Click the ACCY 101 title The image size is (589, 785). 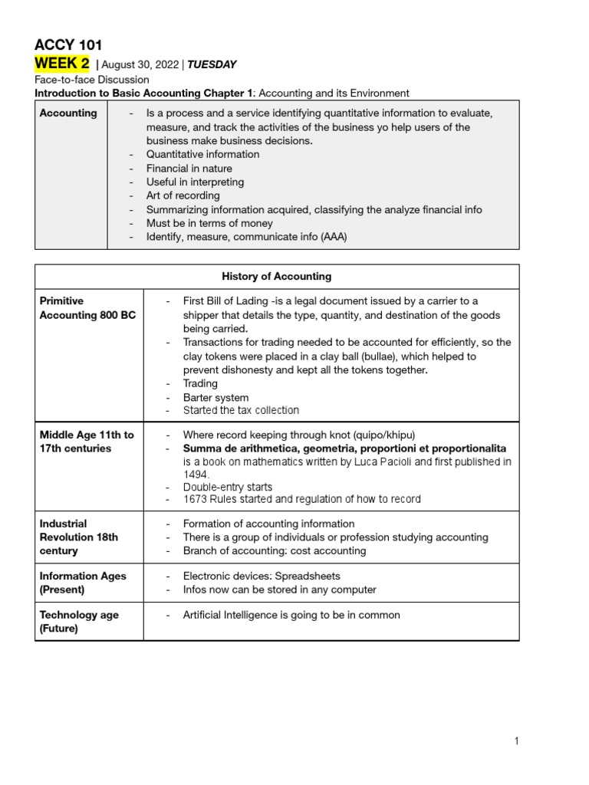[x=68, y=44]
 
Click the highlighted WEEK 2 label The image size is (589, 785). [x=62, y=64]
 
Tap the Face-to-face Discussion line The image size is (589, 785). [x=92, y=79]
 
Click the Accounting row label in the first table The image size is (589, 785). [x=68, y=113]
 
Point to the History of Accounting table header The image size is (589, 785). [x=277, y=276]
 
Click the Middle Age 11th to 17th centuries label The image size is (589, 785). [x=86, y=442]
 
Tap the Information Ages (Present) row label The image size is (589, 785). [x=83, y=583]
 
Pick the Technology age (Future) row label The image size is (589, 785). [x=79, y=622]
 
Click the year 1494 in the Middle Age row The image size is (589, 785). [x=196, y=475]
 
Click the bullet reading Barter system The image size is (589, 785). [x=216, y=397]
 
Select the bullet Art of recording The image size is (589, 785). [x=183, y=195]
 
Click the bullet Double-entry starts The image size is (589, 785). [x=227, y=487]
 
